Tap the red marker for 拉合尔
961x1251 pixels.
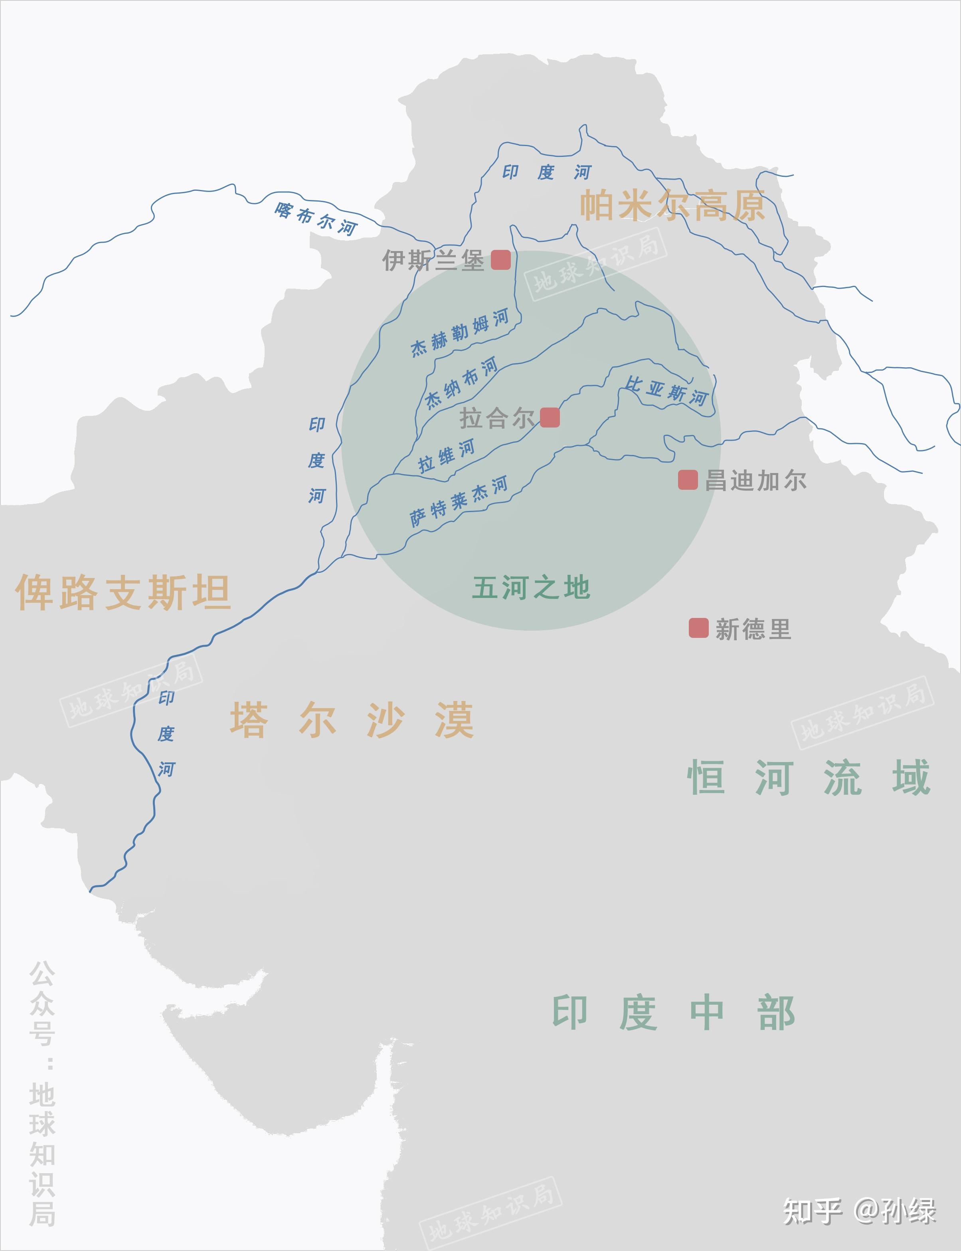550,418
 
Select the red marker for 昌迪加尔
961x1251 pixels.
688,480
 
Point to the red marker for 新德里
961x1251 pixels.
698,627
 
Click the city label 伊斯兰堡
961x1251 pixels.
433,260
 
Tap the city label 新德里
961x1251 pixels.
753,629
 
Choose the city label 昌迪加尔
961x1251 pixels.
755,481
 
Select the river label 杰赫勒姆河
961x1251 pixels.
460,333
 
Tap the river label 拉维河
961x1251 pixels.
446,456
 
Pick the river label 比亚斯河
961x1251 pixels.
666,391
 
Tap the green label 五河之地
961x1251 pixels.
531,588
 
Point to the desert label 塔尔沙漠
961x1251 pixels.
352,720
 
